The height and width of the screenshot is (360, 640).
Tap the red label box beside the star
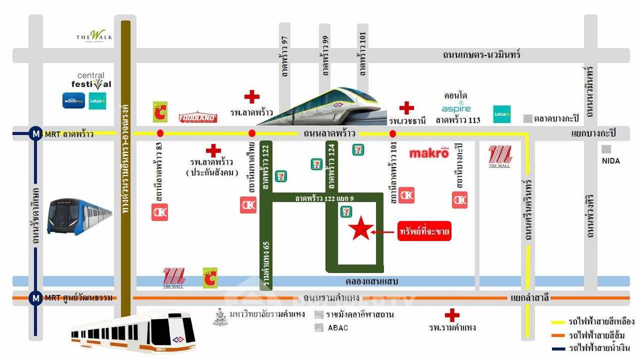[425, 231]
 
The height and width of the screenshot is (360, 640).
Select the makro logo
[429, 154]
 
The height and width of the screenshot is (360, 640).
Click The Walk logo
[94, 36]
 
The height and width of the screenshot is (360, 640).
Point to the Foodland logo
[197, 117]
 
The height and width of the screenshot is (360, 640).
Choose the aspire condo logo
[456, 108]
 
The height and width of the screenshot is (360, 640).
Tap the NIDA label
[610, 161]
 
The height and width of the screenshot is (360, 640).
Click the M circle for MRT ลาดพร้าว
[36, 134]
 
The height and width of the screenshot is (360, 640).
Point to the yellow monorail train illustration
[331, 107]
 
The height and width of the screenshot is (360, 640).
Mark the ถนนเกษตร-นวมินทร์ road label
[482, 55]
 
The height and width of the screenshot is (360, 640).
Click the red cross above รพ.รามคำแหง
[452, 315]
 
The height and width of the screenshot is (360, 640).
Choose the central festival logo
[91, 81]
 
